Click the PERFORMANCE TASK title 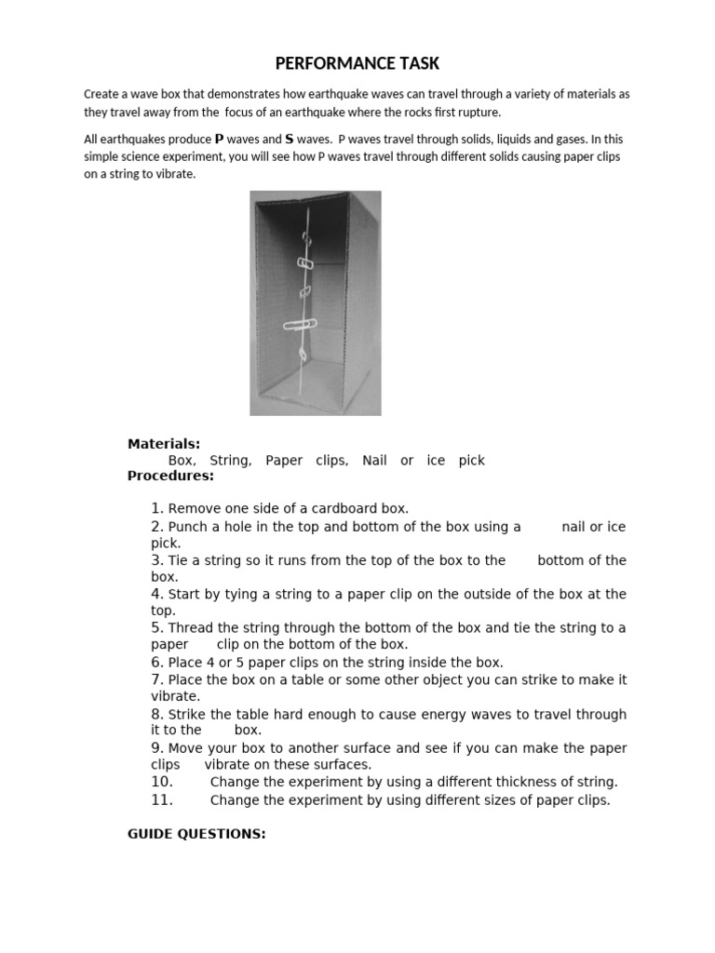(x=357, y=63)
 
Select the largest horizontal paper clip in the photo (x=300, y=325)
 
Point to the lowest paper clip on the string (x=303, y=355)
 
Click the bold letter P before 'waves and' (x=220, y=140)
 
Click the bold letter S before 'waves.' (x=290, y=140)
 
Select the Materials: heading (x=164, y=444)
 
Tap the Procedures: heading (x=170, y=476)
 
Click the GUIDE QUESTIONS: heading (x=196, y=834)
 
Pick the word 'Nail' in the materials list (x=374, y=460)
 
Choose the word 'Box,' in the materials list (x=182, y=460)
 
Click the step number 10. (x=162, y=782)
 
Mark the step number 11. (x=162, y=800)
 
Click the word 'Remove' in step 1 (x=194, y=508)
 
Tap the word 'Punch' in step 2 (x=188, y=527)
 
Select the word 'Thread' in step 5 (x=190, y=627)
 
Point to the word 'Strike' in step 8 (x=188, y=715)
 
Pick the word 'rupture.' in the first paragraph (x=478, y=112)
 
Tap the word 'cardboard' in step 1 (x=349, y=508)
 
